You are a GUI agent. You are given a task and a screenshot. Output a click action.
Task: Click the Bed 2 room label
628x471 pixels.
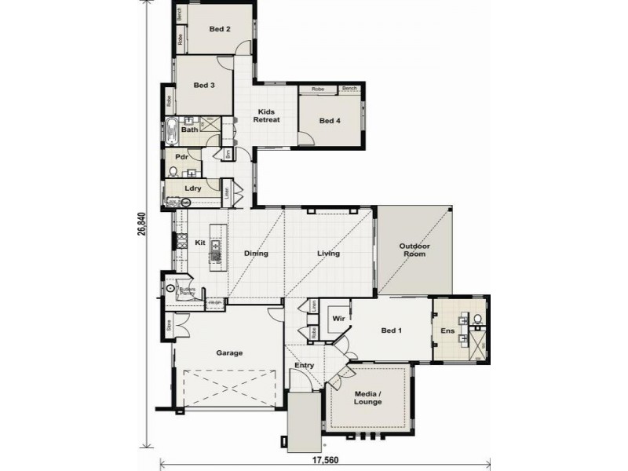tap(219, 30)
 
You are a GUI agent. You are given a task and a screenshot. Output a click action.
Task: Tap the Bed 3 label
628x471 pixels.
tap(204, 86)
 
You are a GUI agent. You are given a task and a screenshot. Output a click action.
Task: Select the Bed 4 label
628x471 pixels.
tap(330, 121)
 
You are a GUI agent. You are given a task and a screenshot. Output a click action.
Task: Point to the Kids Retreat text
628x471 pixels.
tap(266, 116)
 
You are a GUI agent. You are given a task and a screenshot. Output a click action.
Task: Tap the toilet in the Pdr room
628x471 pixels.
tap(173, 170)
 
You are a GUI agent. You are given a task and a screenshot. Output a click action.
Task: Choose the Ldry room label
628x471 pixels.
tap(193, 188)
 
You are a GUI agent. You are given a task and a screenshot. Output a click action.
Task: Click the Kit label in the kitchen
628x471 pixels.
tap(200, 243)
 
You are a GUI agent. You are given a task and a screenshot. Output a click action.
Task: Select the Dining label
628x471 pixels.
tap(256, 254)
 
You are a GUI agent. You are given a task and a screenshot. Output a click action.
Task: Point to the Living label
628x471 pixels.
tap(328, 254)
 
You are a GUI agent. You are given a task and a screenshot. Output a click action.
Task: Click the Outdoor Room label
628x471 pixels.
tap(414, 250)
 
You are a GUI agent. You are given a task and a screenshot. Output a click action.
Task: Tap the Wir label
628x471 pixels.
tap(338, 319)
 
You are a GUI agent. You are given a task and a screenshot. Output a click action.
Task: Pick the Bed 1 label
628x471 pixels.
tap(391, 330)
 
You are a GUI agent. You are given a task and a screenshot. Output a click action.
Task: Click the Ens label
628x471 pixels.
tap(447, 331)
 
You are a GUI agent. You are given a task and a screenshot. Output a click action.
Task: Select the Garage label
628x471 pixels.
tap(229, 353)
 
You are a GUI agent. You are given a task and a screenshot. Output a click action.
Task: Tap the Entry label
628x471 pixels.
tap(304, 366)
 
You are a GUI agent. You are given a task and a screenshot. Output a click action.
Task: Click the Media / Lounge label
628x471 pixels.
tap(367, 398)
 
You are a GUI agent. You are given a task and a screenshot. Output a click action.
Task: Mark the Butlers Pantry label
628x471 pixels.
tap(187, 291)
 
